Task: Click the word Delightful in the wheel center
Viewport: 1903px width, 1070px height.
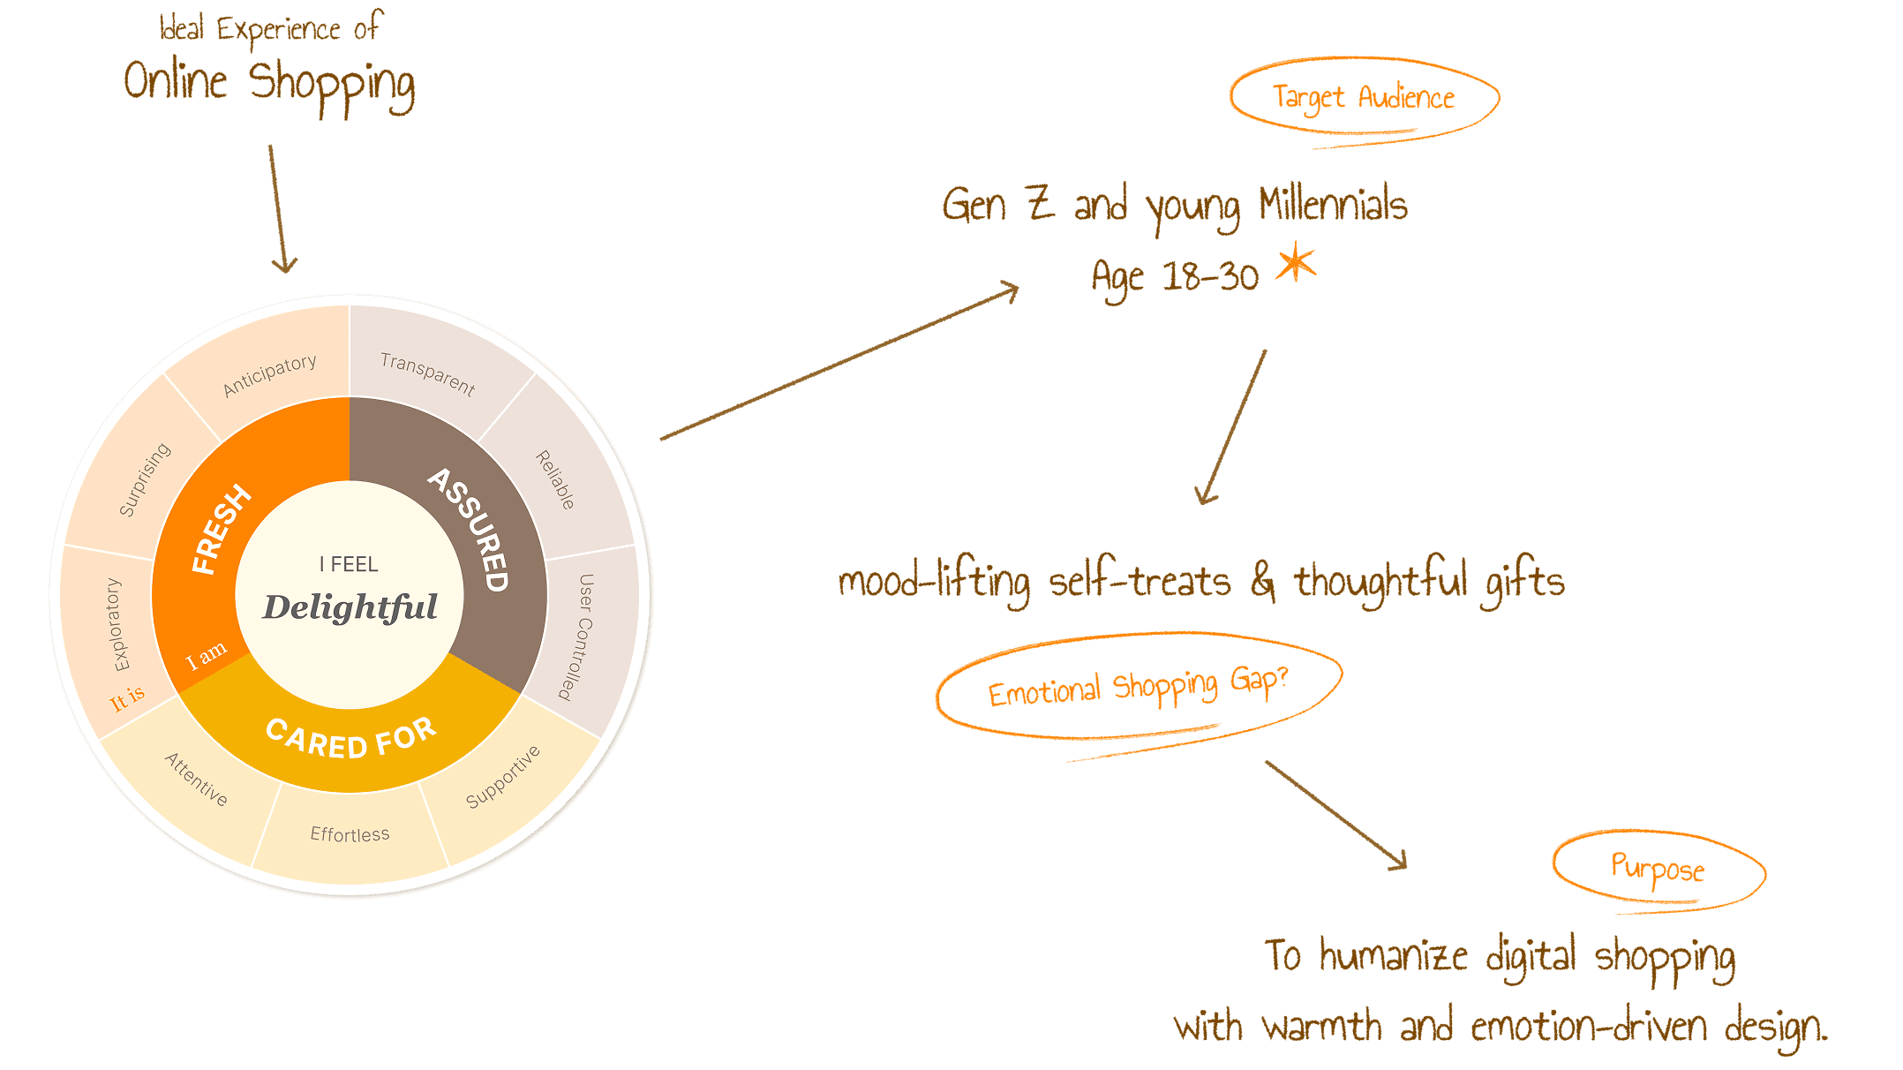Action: tap(350, 607)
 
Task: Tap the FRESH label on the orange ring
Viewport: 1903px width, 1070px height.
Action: tap(221, 530)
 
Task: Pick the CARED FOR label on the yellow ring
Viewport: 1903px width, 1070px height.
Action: tap(350, 738)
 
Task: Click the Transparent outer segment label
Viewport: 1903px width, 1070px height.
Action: tap(427, 373)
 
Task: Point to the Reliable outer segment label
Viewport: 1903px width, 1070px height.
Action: tap(555, 480)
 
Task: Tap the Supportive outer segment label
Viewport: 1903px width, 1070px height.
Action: tap(502, 777)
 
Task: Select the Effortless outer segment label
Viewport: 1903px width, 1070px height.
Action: tap(350, 834)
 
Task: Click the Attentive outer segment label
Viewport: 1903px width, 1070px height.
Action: tap(196, 780)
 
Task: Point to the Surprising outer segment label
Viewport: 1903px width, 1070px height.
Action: tap(145, 479)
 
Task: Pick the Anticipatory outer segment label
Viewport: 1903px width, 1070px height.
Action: tap(269, 376)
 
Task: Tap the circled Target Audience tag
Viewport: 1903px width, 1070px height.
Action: tap(1364, 98)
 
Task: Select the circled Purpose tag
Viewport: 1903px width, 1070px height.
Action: tap(1658, 869)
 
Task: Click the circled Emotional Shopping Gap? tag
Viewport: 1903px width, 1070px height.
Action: tap(1138, 687)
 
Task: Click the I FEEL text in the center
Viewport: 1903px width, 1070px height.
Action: tap(349, 564)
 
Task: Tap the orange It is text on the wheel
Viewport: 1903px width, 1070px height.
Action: tap(127, 698)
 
